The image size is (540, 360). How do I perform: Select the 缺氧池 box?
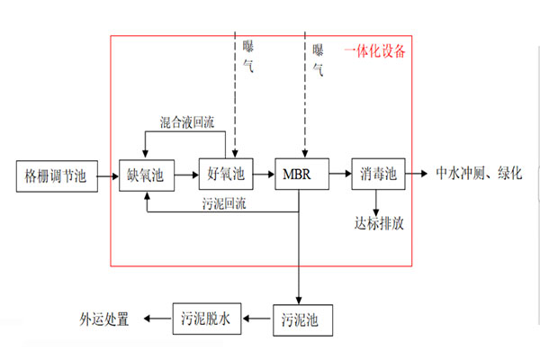(145, 173)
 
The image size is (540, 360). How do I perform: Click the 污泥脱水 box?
(208, 319)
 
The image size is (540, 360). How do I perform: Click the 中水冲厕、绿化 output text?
(478, 173)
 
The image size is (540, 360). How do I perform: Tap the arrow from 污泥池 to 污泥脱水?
(257, 319)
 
